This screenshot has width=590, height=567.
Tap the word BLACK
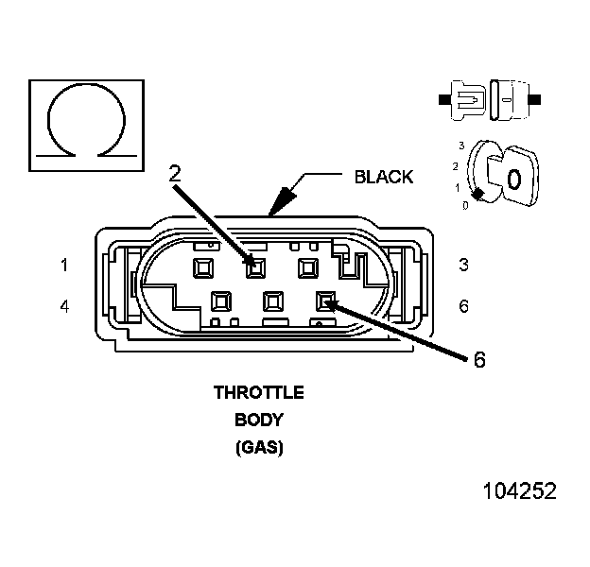click(383, 177)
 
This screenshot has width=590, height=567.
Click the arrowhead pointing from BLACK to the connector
click(282, 201)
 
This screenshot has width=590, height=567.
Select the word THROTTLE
click(258, 392)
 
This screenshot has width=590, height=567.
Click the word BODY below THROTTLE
click(258, 420)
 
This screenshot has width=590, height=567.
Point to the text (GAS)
click(258, 448)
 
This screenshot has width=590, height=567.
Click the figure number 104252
click(519, 491)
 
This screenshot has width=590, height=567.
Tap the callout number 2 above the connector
click(174, 172)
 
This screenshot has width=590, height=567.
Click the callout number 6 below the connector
click(478, 360)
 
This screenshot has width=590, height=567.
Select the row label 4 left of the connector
click(64, 306)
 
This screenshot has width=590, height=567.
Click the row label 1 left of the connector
click(64, 266)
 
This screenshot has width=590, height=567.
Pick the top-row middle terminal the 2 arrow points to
click(254, 267)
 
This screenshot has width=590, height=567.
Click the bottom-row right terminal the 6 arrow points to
click(325, 301)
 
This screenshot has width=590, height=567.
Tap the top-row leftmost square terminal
click(202, 267)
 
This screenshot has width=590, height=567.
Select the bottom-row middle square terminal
click(273, 301)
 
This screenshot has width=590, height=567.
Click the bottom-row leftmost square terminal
click(221, 301)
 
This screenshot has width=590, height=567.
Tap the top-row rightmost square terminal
click(306, 267)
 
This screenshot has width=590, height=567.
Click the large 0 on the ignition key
click(513, 178)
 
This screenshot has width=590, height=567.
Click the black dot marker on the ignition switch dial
click(479, 194)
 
